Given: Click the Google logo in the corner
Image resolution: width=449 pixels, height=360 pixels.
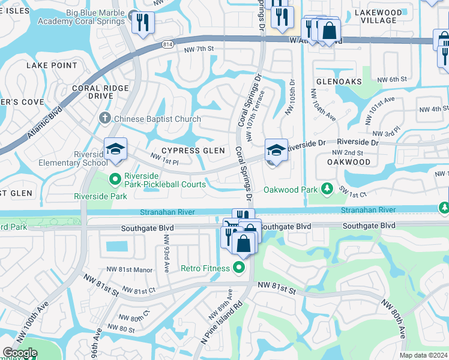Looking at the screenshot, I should coord(20,353).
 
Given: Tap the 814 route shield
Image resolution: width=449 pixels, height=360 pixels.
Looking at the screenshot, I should coord(168,44).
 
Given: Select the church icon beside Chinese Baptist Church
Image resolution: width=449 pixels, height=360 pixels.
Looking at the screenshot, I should coord(105,119).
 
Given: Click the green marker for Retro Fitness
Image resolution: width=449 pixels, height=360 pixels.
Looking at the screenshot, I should coord(240,268).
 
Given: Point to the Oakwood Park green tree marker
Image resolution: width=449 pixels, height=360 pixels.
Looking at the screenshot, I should coord(327,190).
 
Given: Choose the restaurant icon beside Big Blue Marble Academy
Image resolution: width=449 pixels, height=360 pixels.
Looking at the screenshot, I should coord(142,22).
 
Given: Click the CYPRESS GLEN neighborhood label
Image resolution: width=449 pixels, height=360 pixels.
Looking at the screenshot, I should coord(193,151).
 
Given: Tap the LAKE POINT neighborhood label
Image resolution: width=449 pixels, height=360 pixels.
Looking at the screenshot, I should coord(51,65).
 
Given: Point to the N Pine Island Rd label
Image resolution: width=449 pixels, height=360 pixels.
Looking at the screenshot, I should coord(220,324).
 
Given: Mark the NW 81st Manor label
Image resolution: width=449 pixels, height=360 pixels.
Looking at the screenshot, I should coord(130,269).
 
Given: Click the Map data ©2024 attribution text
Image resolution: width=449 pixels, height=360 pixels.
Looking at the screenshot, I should coord(423,355).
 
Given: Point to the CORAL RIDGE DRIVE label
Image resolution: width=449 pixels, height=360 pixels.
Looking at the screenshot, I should coord(100,92).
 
